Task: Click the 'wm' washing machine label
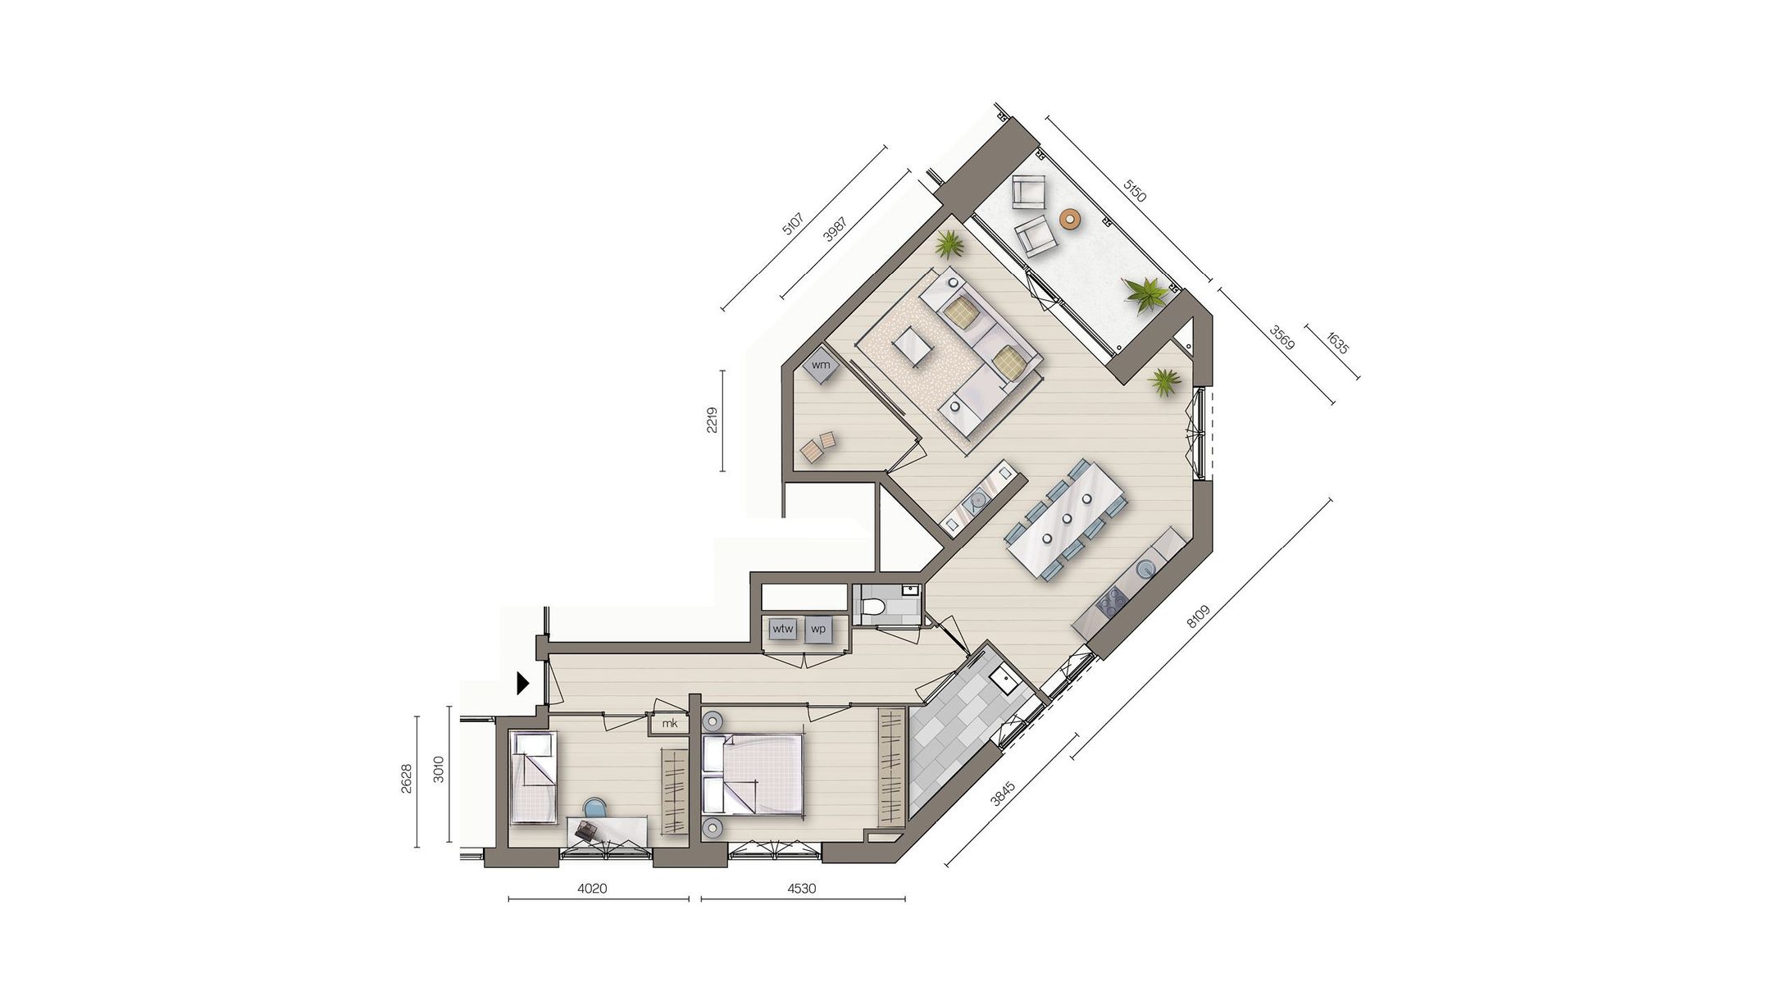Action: (821, 365)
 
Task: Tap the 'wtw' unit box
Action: (783, 630)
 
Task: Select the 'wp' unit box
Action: (818, 630)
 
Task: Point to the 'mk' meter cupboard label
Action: (670, 723)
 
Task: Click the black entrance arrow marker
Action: (522, 683)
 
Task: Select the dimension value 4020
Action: (592, 888)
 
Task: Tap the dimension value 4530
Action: (801, 888)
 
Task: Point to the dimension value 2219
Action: (712, 421)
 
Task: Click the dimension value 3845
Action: (1004, 794)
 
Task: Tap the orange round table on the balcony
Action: (1069, 219)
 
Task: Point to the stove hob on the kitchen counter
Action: (1113, 603)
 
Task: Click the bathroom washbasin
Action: (1002, 679)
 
